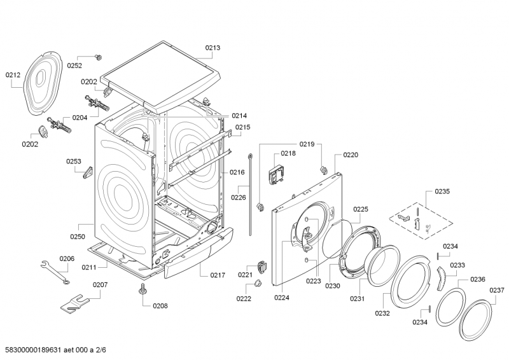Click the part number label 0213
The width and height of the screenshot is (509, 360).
[213, 48]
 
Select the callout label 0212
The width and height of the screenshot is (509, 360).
[13, 74]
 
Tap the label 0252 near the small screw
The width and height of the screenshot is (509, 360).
[75, 65]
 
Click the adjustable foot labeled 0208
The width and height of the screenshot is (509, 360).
[141, 291]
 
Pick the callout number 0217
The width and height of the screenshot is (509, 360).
[218, 275]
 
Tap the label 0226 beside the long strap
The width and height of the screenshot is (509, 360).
[238, 197]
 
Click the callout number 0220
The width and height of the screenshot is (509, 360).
[351, 155]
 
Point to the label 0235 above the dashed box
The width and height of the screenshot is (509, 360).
[442, 191]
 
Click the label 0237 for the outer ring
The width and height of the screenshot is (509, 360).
[497, 290]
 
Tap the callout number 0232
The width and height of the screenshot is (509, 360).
[382, 313]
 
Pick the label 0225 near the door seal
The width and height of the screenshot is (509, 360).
[361, 209]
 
